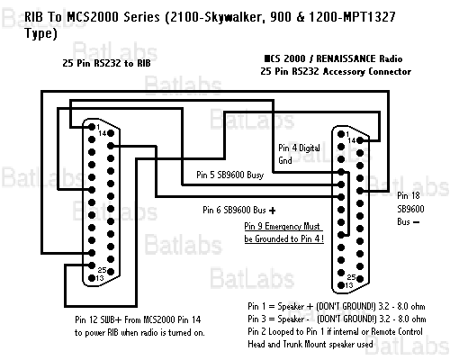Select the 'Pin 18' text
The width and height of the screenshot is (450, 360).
pyautogui.click(x=409, y=194)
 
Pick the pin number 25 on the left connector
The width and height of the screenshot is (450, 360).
pyautogui.click(x=102, y=269)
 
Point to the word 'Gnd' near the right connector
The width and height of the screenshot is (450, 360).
pyautogui.click(x=285, y=160)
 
